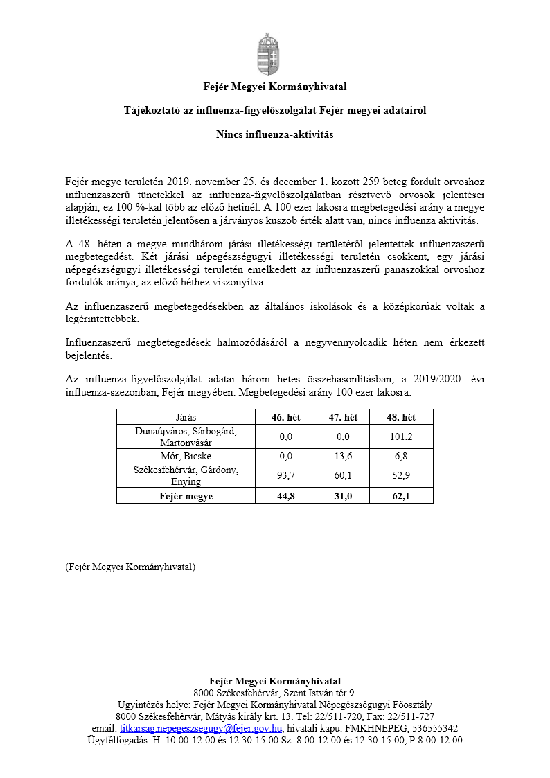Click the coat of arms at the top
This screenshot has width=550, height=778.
(275, 53)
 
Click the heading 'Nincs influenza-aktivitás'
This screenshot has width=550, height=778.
(275, 134)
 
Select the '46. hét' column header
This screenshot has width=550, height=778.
(286, 417)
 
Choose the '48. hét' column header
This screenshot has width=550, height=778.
(401, 417)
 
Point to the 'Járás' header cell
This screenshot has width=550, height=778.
(186, 417)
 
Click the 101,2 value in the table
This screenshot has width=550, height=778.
(401, 436)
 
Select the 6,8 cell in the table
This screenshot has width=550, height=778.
(401, 456)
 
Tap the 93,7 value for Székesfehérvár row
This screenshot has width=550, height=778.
(286, 475)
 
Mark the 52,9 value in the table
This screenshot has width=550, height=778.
(401, 475)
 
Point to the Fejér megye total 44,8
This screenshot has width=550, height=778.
(286, 496)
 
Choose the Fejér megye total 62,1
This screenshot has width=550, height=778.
(401, 496)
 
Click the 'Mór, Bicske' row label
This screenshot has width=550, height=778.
(186, 456)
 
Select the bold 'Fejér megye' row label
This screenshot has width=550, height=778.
(186, 496)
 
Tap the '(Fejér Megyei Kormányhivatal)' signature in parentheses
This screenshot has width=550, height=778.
(130, 567)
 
